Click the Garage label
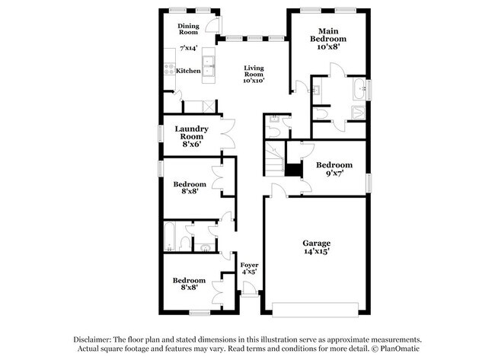(x=317, y=247)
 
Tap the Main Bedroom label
(x=328, y=39)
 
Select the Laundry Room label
(x=192, y=136)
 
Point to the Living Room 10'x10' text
(x=254, y=74)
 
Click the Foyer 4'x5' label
(x=249, y=268)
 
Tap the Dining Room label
(x=188, y=29)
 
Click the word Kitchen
(x=188, y=71)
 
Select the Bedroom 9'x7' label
(x=334, y=169)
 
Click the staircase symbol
(x=274, y=159)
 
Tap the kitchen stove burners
(x=170, y=69)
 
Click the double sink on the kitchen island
(x=209, y=65)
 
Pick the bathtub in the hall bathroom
(x=170, y=237)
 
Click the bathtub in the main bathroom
(x=359, y=89)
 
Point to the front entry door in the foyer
(x=249, y=289)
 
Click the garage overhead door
(x=315, y=310)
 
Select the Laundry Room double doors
(x=228, y=134)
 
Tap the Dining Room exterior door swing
(x=212, y=24)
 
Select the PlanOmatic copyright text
(x=396, y=349)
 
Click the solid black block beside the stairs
(x=294, y=170)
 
